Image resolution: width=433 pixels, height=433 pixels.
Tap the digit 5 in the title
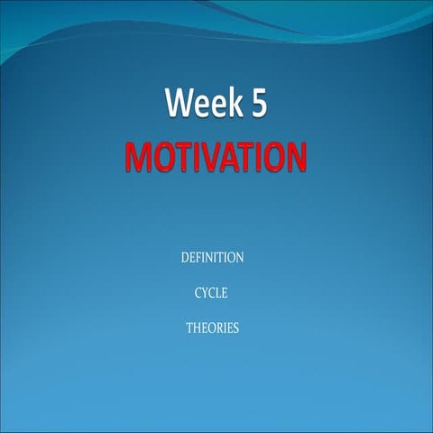point(256,106)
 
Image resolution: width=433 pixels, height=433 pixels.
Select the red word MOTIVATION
point(216,157)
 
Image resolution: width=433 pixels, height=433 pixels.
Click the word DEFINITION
point(213,258)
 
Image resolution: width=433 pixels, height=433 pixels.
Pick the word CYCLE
point(213,293)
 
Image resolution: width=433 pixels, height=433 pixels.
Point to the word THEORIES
point(213,328)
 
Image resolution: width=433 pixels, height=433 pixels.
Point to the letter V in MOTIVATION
point(211,157)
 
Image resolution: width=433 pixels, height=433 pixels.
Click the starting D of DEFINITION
point(186,258)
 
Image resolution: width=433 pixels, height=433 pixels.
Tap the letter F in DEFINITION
point(200,258)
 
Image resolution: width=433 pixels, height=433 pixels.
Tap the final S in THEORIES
point(236,328)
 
